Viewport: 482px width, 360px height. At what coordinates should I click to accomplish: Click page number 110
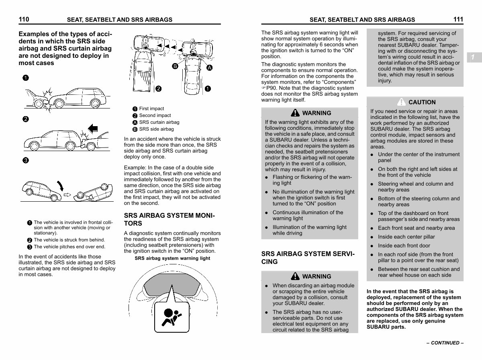point(24,19)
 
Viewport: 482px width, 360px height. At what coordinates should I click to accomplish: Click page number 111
point(458,19)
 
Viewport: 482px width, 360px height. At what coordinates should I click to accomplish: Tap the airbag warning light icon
point(172,317)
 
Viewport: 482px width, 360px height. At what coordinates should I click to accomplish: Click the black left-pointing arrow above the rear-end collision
point(93,129)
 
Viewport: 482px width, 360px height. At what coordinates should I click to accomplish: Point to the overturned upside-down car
point(93,192)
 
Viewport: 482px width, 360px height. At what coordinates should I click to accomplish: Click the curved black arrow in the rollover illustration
point(60,186)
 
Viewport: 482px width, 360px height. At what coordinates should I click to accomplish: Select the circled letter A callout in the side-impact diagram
point(210,67)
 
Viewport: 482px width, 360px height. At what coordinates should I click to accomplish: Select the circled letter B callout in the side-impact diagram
point(175,66)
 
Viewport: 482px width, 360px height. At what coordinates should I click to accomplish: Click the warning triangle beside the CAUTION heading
point(401,102)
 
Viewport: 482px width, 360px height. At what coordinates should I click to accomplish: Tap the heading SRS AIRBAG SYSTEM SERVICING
point(308,258)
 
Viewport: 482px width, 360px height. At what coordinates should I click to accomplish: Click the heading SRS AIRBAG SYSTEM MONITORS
point(170,219)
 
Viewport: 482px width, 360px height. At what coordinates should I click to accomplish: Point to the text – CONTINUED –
point(445,343)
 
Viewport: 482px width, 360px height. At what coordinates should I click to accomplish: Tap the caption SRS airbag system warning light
point(172,258)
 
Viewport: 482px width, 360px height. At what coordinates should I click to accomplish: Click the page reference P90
point(271,88)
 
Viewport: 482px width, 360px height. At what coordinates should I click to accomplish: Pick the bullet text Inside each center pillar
point(406,237)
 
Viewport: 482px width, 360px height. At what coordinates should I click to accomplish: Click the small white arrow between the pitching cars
point(67,195)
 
